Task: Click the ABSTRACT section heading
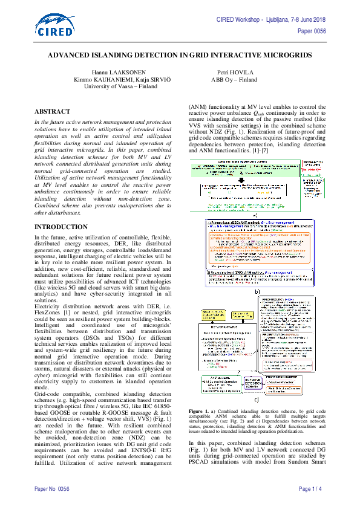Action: (x=53, y=112)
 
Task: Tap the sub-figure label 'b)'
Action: (x=258, y=291)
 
